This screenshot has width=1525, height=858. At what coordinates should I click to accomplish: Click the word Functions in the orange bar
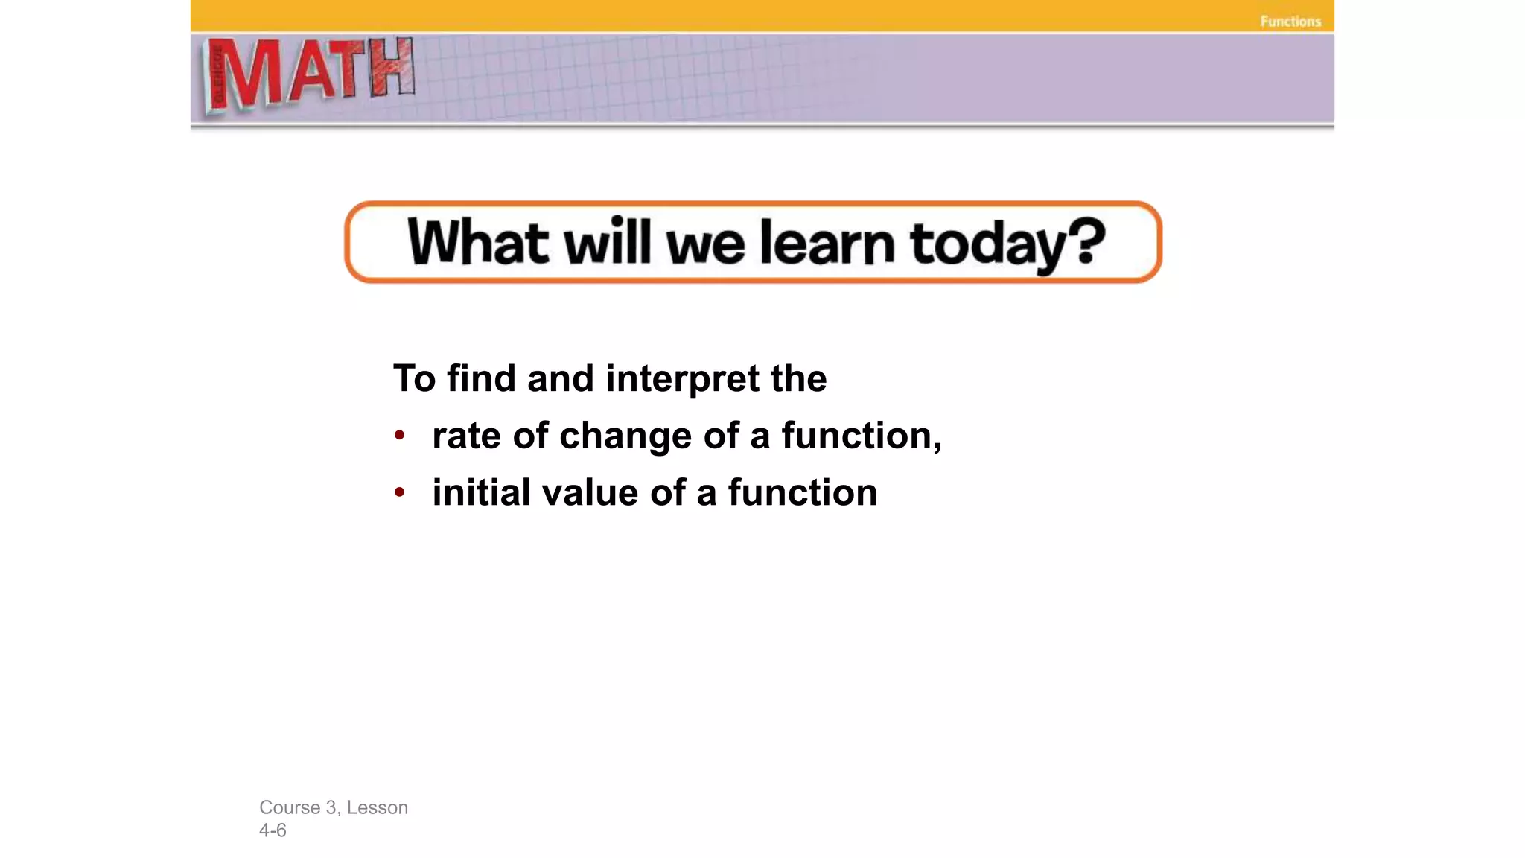point(1290,22)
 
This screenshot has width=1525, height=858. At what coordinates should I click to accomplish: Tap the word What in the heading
point(478,242)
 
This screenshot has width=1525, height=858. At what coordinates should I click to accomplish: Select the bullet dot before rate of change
point(400,435)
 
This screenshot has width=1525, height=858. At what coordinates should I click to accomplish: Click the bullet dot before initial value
point(400,492)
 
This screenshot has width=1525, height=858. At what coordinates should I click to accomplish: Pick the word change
point(625,436)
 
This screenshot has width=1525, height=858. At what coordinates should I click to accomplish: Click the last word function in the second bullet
point(802,493)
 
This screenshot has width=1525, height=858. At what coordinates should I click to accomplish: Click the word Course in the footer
point(290,807)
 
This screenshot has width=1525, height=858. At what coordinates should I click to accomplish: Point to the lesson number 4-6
point(273,830)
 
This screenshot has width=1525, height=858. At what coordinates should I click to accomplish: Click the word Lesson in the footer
point(377,807)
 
